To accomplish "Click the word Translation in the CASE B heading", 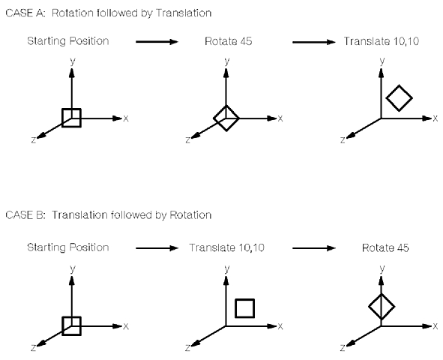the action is point(80,215).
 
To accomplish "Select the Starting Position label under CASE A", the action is point(68,41).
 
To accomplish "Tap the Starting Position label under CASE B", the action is point(68,247).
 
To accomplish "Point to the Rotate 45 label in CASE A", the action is point(229,41).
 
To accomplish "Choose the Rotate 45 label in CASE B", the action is point(385,247).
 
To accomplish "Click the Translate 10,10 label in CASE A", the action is point(382,41).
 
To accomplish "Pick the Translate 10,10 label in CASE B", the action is point(227,247).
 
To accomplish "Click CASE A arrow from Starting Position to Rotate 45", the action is point(157,42).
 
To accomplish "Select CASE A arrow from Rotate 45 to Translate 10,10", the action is point(314,42).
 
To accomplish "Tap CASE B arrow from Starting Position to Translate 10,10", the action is point(157,248).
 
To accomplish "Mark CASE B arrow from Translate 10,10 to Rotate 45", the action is point(314,248).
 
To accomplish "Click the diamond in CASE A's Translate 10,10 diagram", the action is point(393,91).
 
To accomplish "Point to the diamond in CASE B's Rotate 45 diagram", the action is point(376,300).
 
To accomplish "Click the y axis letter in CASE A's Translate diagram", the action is point(382,61).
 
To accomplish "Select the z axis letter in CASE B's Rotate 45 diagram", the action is point(343,347).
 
